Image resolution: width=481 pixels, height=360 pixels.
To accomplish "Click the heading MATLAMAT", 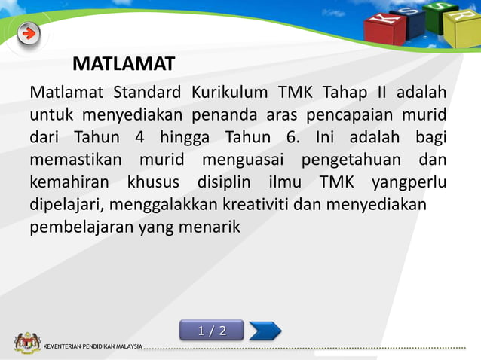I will coord(124,64).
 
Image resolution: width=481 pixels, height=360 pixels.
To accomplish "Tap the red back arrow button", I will coord(29,33).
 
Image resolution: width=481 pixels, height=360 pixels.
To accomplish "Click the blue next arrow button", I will coord(265,331).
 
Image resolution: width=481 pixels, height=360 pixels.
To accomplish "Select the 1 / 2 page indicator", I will coord(212,331).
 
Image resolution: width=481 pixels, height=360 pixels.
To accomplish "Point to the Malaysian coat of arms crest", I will coord(26,343).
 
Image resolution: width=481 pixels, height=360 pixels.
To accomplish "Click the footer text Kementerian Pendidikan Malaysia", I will coord(93,346).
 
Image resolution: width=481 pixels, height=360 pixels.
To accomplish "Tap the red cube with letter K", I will coord(384,29).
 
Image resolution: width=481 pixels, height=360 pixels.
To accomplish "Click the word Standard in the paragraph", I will coord(147,93).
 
